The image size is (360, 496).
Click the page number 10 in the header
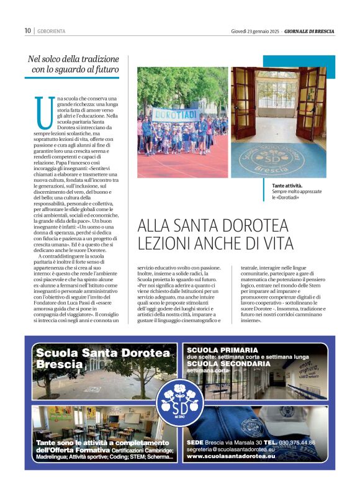click(x=27, y=30)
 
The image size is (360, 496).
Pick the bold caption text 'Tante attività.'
click(x=287, y=186)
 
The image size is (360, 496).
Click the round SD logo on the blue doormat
click(x=278, y=159)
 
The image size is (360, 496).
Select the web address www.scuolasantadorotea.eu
click(x=230, y=456)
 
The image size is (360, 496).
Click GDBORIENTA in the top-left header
click(x=52, y=30)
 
